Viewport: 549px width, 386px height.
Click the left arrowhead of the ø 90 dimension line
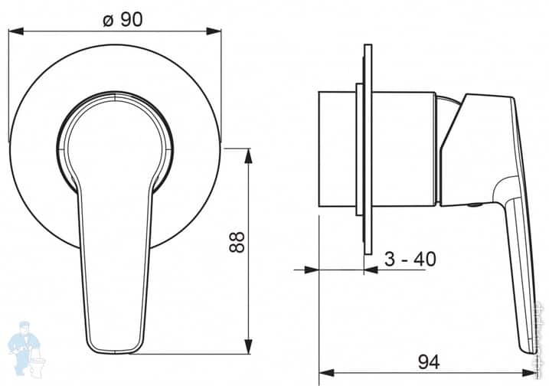[14, 31]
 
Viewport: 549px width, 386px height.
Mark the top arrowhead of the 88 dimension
[248, 153]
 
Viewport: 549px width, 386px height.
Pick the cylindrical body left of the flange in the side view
[337, 151]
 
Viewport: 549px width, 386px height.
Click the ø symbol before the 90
[108, 19]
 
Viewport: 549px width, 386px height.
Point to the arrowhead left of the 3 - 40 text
[310, 270]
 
